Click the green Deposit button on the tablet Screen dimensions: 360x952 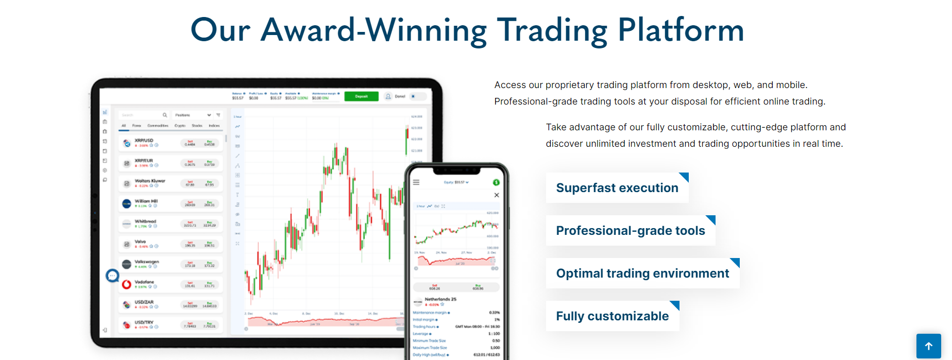(x=361, y=96)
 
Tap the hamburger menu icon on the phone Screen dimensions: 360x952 (x=416, y=182)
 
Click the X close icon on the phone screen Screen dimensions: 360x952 (x=497, y=195)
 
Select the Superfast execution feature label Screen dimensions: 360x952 (x=617, y=188)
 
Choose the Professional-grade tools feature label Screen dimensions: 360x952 (x=630, y=231)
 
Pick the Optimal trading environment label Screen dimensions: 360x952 (x=642, y=273)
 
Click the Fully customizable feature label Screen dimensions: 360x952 (x=612, y=316)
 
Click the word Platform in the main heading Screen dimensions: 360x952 (x=681, y=30)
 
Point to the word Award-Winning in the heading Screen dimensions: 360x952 (x=373, y=30)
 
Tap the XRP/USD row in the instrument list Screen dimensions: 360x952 (x=144, y=141)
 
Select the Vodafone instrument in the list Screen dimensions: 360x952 (x=144, y=282)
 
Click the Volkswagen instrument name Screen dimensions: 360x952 (x=147, y=262)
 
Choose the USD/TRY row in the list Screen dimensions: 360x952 (x=144, y=322)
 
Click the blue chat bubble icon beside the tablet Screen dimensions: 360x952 (x=112, y=276)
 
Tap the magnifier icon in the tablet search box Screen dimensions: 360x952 (x=165, y=115)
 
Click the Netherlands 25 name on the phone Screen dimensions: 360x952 (x=440, y=299)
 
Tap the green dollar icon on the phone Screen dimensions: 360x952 (x=496, y=182)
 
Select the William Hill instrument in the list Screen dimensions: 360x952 (x=146, y=201)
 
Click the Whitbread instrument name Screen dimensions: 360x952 (x=145, y=221)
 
